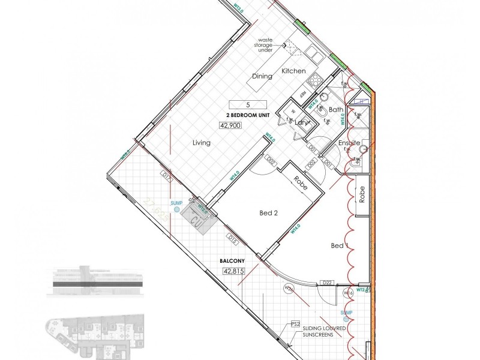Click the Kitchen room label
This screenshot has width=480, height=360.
(x=294, y=71)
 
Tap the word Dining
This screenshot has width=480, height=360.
(x=262, y=76)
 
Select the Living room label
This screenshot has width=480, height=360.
(x=202, y=143)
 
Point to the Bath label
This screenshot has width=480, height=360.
(x=336, y=109)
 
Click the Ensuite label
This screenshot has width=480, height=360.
(x=349, y=143)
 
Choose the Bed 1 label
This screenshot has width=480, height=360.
(x=339, y=245)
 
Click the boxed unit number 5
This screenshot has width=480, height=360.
(x=239, y=104)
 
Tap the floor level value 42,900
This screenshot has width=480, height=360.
(x=231, y=126)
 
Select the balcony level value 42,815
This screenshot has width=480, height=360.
(x=235, y=271)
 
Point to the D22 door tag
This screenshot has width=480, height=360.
(x=327, y=282)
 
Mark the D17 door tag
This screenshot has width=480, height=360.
(x=167, y=176)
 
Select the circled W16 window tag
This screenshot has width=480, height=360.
(x=347, y=293)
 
